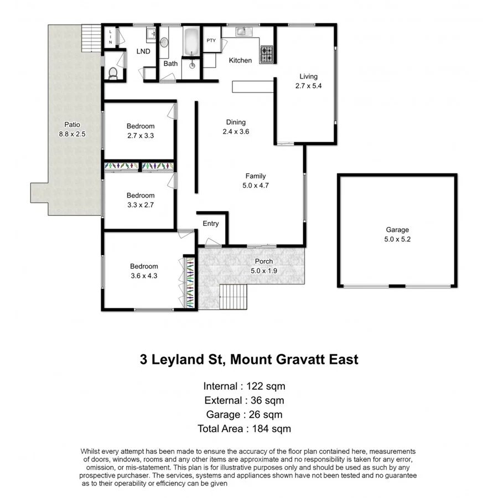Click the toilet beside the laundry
113,72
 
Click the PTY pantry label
211,40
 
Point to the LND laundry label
144,51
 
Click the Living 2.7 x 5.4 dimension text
308,86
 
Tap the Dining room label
236,122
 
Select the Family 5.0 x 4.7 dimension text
256,186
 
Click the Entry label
211,224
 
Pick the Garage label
397,230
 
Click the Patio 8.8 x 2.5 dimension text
71,134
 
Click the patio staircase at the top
91,37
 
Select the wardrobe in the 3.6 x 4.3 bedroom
189,282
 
